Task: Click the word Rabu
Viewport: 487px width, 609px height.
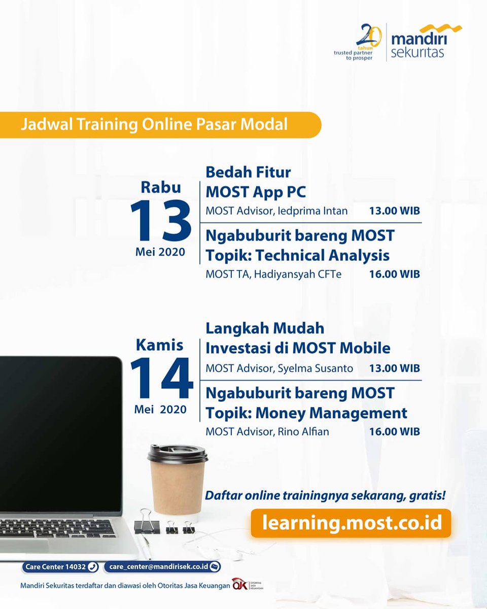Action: [161, 187]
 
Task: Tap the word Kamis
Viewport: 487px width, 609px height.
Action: [160, 345]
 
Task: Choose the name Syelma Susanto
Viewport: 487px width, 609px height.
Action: [315, 368]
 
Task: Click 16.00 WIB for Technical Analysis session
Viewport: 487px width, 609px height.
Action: [394, 275]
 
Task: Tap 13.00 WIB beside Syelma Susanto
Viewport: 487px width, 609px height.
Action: [394, 368]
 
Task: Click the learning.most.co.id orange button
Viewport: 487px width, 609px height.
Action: [351, 522]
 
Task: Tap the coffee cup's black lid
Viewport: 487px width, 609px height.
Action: [178, 453]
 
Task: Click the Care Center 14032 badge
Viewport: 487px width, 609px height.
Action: [60, 567]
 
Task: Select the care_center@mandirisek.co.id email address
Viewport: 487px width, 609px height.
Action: [162, 567]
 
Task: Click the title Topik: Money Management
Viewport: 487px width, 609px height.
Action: [306, 413]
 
